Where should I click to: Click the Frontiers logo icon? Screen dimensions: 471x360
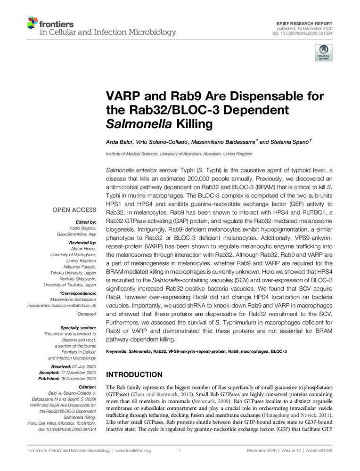(x=32, y=22)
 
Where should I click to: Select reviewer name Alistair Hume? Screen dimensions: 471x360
(x=83, y=248)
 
